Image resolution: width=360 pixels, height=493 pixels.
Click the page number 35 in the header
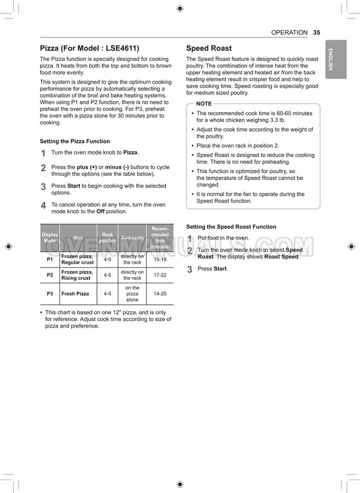pyautogui.click(x=316, y=33)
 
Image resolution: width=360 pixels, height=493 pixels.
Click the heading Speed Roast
pyautogui.click(x=208, y=48)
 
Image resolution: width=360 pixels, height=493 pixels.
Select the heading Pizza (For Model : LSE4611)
pyautogui.click(x=89, y=48)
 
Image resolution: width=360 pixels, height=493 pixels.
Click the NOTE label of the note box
pyautogui.click(x=204, y=103)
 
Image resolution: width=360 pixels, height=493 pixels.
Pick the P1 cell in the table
pyautogui.click(x=49, y=260)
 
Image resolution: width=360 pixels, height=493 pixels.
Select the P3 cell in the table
pyautogui.click(x=49, y=294)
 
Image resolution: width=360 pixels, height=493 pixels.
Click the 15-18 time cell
pyautogui.click(x=160, y=260)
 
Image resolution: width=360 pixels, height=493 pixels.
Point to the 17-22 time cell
pyautogui.click(x=160, y=275)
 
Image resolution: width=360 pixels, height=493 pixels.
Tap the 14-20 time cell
pyautogui.click(x=160, y=294)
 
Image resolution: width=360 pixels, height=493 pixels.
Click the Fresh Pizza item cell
pyautogui.click(x=75, y=294)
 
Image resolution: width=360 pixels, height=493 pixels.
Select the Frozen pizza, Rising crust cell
pyautogui.click(x=77, y=275)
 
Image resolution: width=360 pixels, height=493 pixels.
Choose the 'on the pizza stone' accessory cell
pyautogui.click(x=132, y=294)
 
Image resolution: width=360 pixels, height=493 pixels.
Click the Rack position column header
pyautogui.click(x=107, y=237)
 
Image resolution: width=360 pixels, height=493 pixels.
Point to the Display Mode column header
pyautogui.click(x=49, y=237)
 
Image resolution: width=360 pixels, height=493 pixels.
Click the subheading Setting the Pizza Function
pyautogui.click(x=74, y=141)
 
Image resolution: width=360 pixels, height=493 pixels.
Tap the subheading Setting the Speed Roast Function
pyautogui.click(x=231, y=226)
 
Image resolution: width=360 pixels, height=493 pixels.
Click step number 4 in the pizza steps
pyautogui.click(x=43, y=206)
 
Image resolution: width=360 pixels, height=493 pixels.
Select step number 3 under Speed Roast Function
pyautogui.click(x=189, y=269)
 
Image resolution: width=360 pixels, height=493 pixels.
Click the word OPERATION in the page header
pyautogui.click(x=289, y=33)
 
